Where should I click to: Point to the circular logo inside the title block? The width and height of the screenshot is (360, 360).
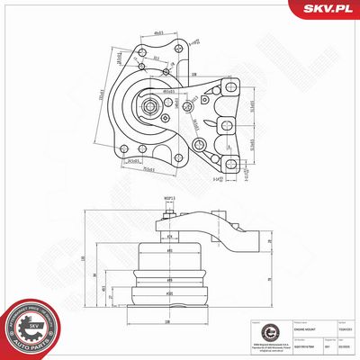point(251,330)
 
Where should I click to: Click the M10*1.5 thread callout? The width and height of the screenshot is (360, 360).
point(168,201)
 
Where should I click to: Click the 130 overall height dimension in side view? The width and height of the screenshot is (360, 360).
point(84,259)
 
